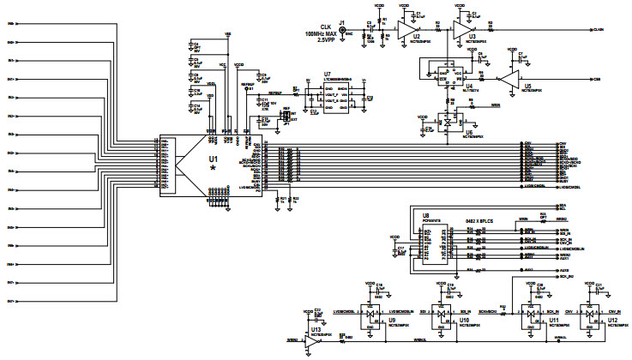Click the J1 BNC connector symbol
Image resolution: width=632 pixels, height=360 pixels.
tap(344, 31)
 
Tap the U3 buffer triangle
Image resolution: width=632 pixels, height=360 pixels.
tap(463, 31)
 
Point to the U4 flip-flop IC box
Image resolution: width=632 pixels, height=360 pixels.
tap(448, 74)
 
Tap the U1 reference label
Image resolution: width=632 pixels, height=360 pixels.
tap(214, 159)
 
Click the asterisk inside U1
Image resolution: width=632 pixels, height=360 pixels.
tap(214, 169)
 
